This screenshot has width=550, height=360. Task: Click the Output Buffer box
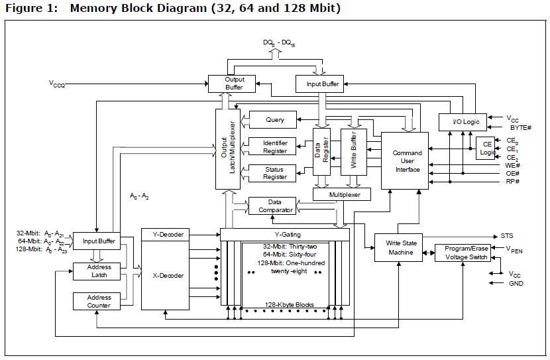pos(234,84)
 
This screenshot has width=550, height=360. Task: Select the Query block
pos(274,120)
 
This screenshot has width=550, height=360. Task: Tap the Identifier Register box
pos(274,147)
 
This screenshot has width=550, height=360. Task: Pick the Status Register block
pos(274,173)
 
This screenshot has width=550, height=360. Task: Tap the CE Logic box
pos(487,148)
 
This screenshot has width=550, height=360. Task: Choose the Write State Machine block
pos(400,248)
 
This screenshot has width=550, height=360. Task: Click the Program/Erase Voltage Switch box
pos(462,253)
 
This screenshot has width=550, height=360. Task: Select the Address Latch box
pos(99,271)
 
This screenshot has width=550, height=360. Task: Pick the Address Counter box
pos(99,302)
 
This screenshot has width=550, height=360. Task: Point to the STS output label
pos(508,236)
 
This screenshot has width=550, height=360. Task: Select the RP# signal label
pos(512,181)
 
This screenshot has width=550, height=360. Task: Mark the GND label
pos(516,283)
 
